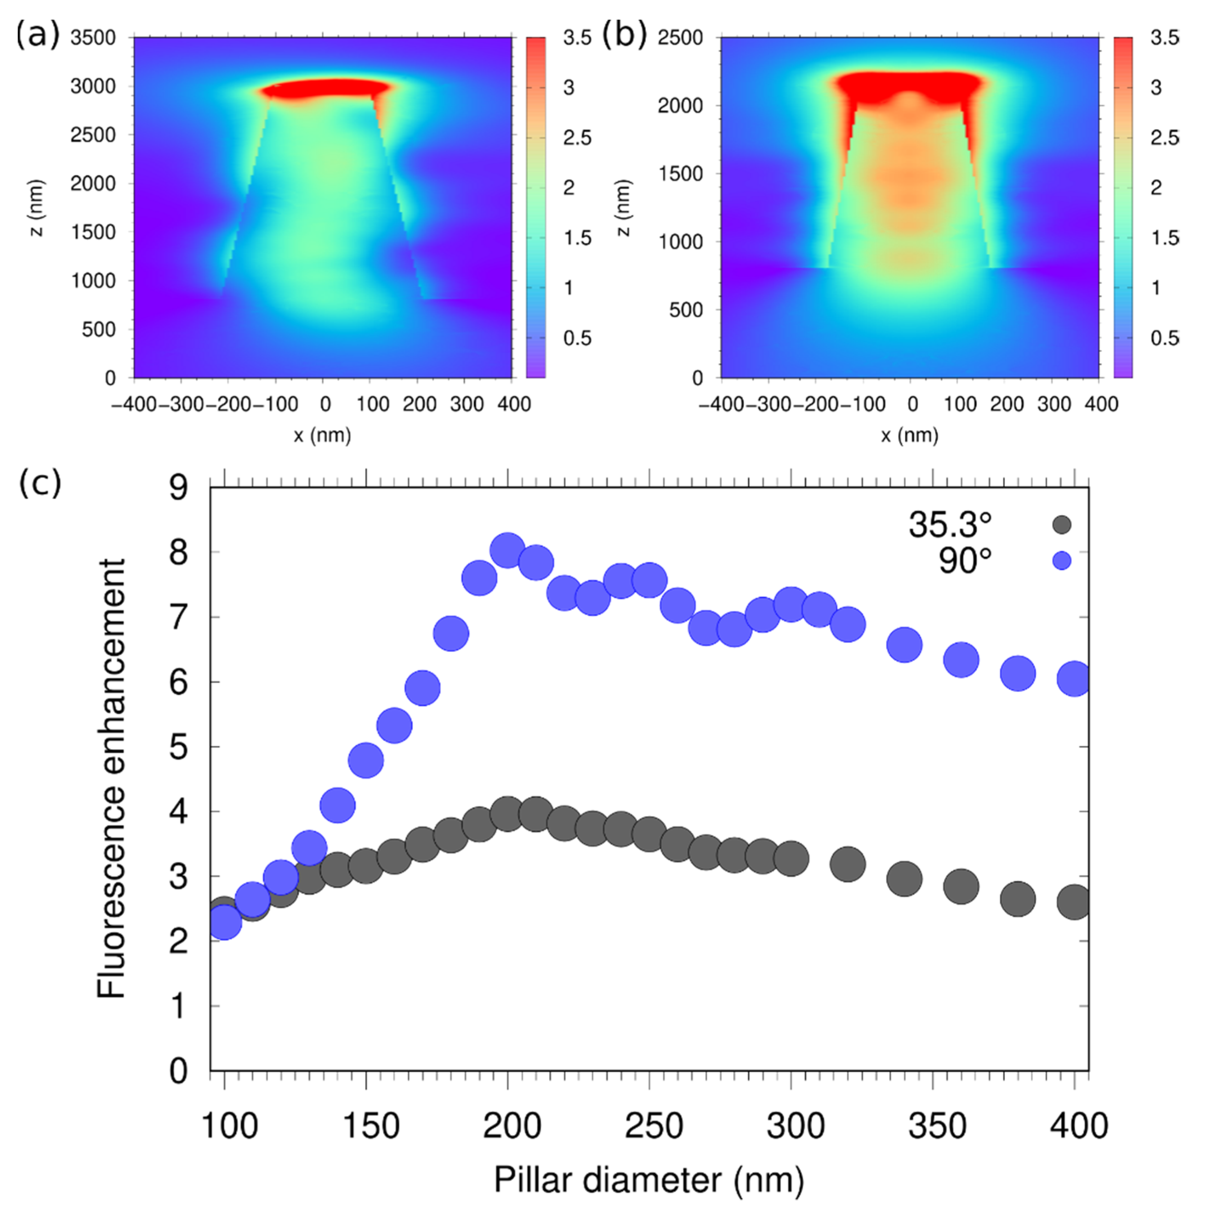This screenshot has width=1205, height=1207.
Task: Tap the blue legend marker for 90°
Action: point(1062,561)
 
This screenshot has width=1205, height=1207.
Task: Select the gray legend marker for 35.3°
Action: point(1062,525)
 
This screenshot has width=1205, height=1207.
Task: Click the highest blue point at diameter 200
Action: point(507,550)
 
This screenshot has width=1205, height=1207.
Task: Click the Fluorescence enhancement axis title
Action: point(112,778)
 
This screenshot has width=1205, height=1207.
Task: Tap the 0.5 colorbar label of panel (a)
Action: point(577,338)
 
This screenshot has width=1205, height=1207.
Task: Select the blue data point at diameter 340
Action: point(904,645)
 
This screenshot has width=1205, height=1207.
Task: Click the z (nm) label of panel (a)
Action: point(38,208)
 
